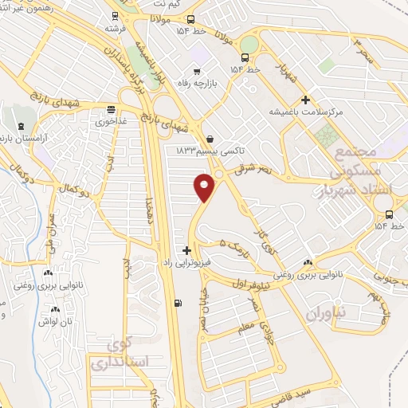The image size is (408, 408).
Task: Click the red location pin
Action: (x=205, y=188)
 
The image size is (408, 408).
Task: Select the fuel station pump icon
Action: (x=177, y=303)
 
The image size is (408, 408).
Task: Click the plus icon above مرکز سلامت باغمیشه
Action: (x=304, y=100)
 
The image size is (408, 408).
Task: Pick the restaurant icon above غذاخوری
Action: (x=110, y=110)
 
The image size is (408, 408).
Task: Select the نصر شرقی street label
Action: (x=253, y=169)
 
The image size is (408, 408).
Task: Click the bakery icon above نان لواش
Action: (x=55, y=309)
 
